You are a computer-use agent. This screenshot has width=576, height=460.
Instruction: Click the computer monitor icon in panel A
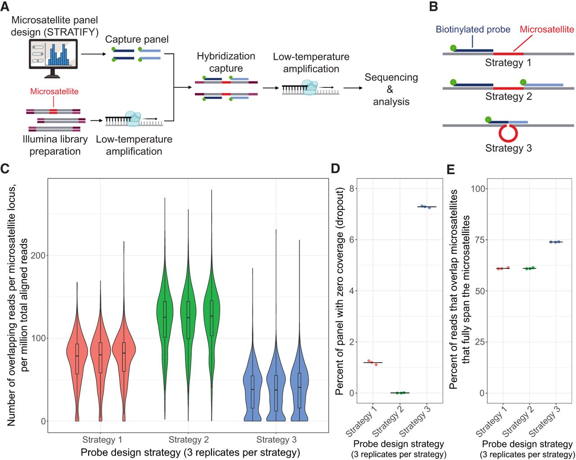tap(53, 56)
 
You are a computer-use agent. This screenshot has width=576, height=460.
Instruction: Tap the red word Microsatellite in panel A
tap(54, 91)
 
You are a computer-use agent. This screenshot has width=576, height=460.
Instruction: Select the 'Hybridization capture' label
tap(226, 62)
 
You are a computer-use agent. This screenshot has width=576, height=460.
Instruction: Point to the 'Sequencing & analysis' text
tap(391, 89)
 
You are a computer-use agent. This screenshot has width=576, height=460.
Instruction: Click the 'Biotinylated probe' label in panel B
tap(472, 30)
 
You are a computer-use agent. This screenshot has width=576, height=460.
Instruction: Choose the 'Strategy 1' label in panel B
tap(508, 63)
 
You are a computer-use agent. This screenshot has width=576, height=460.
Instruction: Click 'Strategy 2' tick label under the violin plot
tap(189, 440)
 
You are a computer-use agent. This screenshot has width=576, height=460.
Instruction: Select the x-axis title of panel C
tap(190, 452)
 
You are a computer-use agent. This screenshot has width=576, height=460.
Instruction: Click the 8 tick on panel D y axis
tap(353, 188)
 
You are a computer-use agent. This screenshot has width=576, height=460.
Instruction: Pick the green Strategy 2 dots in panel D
tap(400, 393)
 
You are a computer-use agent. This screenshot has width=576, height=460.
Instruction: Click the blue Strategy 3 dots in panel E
tap(555, 242)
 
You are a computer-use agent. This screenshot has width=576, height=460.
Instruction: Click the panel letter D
tap(336, 169)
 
